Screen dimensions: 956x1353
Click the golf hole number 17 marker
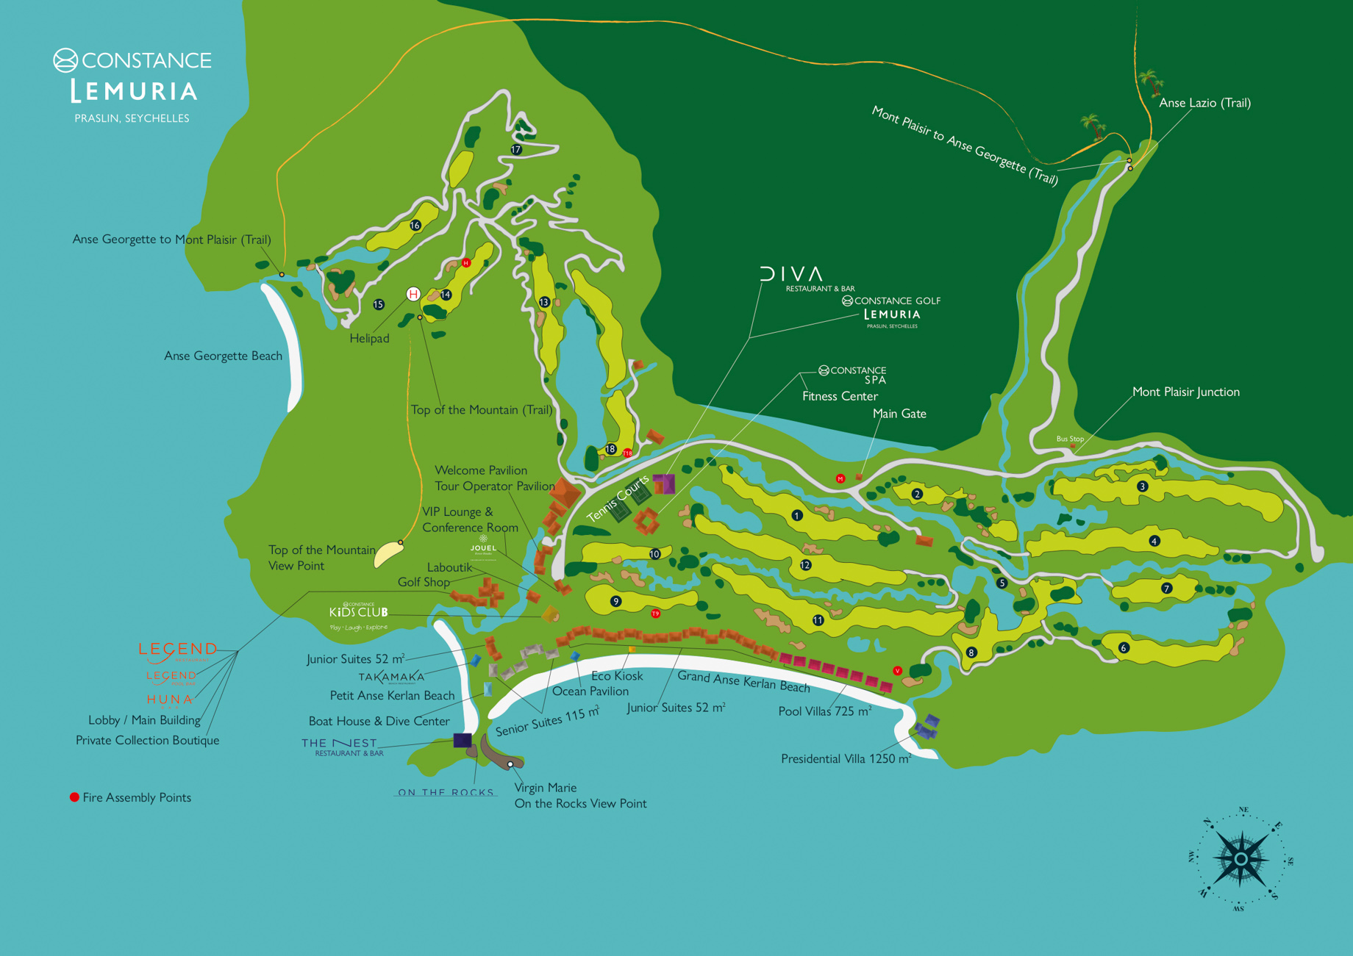[516, 150]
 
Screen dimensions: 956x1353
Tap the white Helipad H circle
[413, 295]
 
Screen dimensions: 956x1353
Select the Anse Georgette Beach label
[223, 356]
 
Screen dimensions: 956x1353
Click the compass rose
[1240, 858]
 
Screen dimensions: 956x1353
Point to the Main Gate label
[899, 414]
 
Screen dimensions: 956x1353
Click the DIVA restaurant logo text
[791, 274]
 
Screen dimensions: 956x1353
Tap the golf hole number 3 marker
[1142, 486]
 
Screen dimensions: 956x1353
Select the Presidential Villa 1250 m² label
[846, 758]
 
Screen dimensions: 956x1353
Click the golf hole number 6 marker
[1123, 648]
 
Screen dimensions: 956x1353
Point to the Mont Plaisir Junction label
[1185, 392]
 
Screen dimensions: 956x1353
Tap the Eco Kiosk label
[617, 675]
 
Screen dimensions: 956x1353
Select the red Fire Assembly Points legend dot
[74, 797]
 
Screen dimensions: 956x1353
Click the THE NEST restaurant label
[340, 744]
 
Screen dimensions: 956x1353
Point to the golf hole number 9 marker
[616, 602]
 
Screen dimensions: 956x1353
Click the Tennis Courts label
[618, 498]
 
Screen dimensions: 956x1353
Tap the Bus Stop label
[1070, 439]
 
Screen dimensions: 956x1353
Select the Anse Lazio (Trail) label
[1204, 103]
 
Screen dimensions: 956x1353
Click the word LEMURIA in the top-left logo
[134, 91]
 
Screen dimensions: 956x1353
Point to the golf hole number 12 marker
[805, 565]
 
